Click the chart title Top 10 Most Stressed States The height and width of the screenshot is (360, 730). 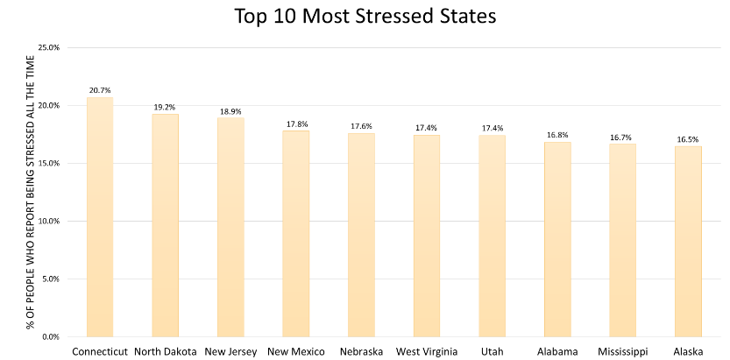pos(364,17)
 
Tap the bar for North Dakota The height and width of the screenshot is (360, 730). pos(165,225)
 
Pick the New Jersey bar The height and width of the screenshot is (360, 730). pos(230,227)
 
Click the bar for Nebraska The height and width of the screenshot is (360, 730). pos(361,235)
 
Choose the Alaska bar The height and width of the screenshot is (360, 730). pos(688,241)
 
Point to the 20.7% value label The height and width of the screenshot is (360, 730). pos(100,90)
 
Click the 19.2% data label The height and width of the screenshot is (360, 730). pos(165,107)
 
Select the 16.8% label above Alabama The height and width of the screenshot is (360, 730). pos(557,135)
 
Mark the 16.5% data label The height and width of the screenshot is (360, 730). pos(688,139)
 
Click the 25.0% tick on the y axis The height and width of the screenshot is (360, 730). pos(48,47)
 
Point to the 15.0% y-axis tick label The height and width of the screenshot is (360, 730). pos(48,163)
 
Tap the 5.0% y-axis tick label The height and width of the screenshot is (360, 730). pos(51,279)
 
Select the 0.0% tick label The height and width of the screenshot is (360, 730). pos(51,336)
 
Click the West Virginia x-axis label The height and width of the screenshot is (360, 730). pos(426,351)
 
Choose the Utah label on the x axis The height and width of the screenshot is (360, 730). pos(492,351)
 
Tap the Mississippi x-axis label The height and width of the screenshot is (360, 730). pos(622,351)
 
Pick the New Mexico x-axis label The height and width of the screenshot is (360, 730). pos(295,351)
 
